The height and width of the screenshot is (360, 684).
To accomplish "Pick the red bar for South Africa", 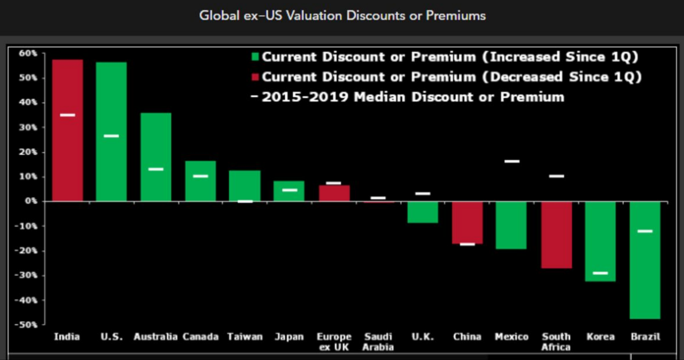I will pos(556,235).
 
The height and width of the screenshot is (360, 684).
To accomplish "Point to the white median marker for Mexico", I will pos(511,161).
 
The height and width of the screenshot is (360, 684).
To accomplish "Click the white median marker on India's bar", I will pos(67,115).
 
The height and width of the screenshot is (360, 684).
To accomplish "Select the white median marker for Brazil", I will pos(645,231).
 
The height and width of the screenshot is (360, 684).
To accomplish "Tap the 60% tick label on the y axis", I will pos(28,53).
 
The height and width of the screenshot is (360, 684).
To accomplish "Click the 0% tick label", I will pos(30,201).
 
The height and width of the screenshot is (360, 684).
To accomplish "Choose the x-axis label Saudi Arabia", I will pos(378,342).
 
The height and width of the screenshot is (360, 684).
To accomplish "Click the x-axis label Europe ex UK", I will pos(334,342).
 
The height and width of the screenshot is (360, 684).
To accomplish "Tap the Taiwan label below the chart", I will pos(245,337).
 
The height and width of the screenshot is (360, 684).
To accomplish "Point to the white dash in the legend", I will pos(254,97).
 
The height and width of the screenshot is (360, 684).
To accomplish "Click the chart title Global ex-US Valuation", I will pos(342,15).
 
